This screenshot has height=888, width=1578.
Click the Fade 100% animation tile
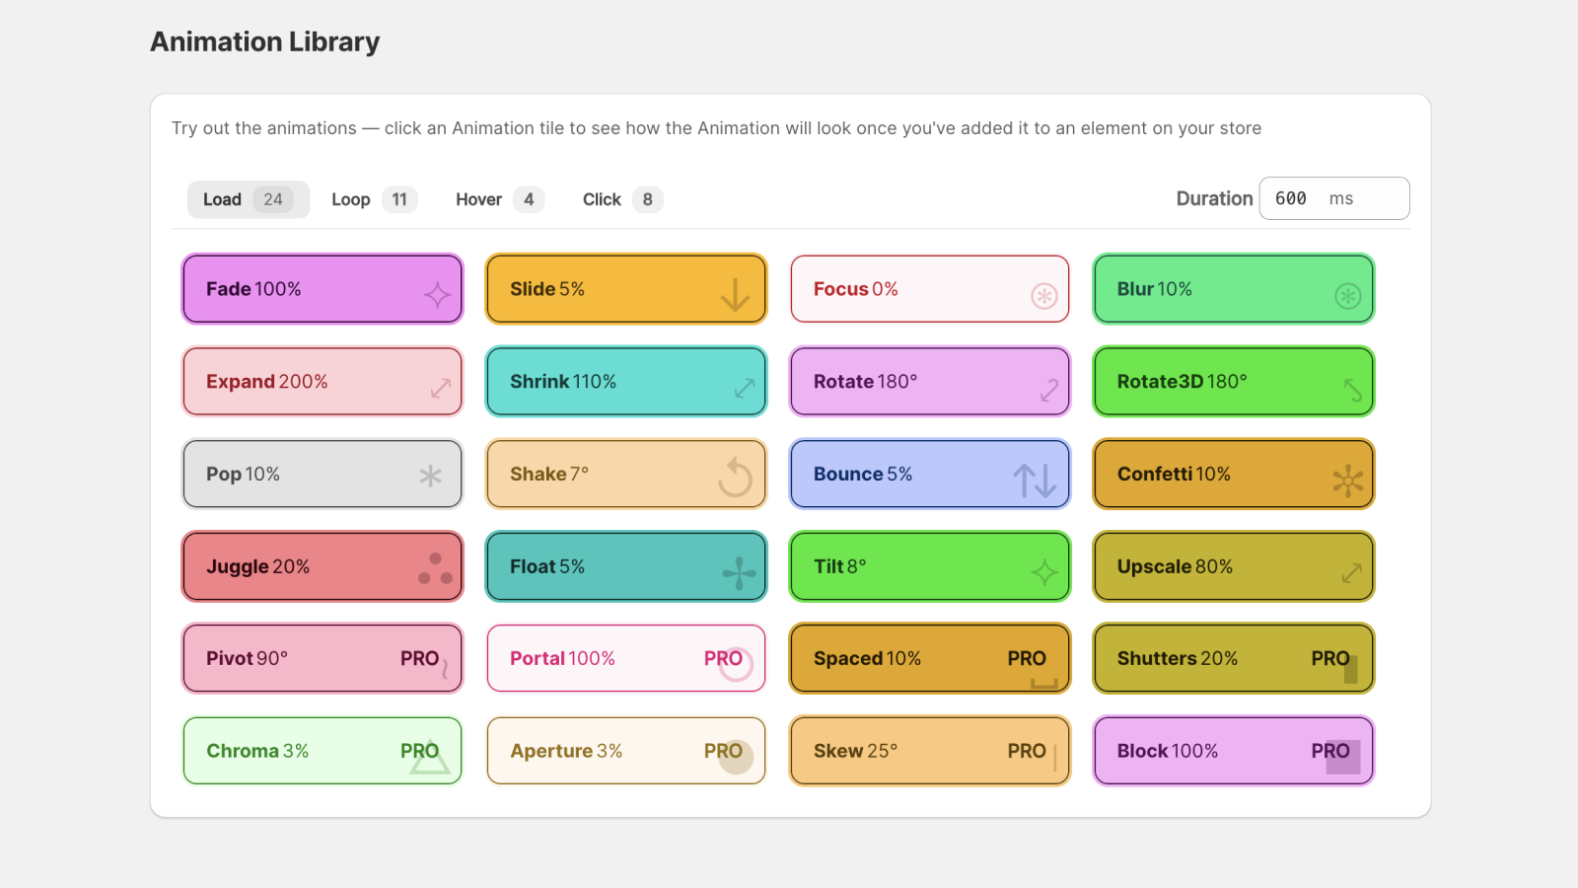tap(322, 289)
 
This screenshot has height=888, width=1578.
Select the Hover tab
tap(479, 199)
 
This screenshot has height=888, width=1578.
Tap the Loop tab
tap(351, 199)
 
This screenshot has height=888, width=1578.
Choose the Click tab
tap(602, 199)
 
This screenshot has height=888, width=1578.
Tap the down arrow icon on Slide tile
tap(735, 294)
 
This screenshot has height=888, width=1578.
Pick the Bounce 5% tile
tap(929, 475)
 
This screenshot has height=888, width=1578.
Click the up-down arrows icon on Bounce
tap(1035, 481)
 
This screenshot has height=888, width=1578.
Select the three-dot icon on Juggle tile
tap(435, 569)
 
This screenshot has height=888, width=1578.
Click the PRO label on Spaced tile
tap(1027, 658)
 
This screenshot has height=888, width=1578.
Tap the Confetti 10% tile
tap(1233, 475)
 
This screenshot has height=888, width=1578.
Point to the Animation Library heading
tap(264, 42)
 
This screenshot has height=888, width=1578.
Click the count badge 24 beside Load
tap(273, 199)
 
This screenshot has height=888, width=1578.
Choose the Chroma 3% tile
tap(322, 751)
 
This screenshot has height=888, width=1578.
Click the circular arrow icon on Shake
tap(735, 479)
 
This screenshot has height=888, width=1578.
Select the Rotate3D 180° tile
tap(1233, 382)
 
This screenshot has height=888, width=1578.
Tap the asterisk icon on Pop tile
tap(430, 477)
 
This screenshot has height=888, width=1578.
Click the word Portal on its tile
tap(537, 658)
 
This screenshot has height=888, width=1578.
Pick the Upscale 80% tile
tap(1233, 566)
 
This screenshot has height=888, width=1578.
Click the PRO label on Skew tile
tap(1027, 751)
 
